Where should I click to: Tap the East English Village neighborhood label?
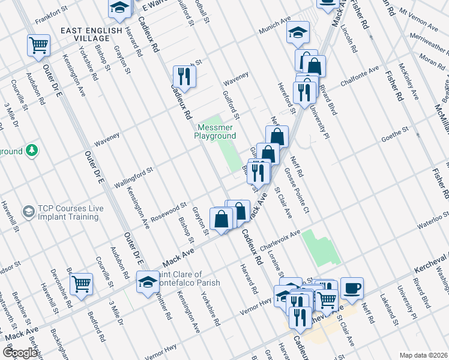click(92, 35)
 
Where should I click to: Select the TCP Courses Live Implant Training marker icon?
click(28, 212)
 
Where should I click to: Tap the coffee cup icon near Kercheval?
click(352, 287)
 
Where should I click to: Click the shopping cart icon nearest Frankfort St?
click(38, 44)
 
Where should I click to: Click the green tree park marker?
click(30, 151)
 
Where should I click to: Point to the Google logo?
click(19, 353)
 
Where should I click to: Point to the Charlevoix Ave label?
click(279, 237)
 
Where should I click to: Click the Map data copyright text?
click(423, 355)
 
